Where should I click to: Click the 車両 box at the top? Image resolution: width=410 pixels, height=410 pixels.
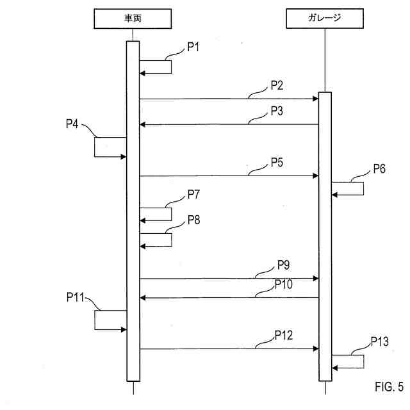click(x=133, y=19)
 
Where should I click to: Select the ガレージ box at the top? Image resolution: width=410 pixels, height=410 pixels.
click(x=325, y=19)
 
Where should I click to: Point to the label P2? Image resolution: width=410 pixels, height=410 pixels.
click(x=277, y=85)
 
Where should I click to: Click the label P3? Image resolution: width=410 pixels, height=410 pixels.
click(x=277, y=110)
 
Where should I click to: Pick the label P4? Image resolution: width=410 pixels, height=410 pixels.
click(x=72, y=124)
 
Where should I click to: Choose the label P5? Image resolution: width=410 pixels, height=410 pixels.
click(x=277, y=161)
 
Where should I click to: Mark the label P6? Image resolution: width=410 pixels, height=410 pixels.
click(x=380, y=169)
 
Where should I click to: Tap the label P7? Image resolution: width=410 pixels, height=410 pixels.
click(x=194, y=193)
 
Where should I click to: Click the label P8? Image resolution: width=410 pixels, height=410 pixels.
click(x=194, y=220)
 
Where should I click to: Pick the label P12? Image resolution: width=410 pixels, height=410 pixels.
click(x=284, y=334)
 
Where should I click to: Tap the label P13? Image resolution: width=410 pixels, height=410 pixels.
click(x=380, y=342)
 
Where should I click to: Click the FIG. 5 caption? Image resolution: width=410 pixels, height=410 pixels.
click(x=389, y=388)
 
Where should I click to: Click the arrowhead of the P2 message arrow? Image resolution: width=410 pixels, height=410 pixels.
click(x=316, y=99)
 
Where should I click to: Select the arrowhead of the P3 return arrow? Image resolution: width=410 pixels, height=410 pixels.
click(x=143, y=124)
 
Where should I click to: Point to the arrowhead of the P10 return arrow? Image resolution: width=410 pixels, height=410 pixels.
click(x=143, y=297)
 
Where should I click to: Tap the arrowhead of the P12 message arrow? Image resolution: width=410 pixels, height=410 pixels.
click(x=316, y=348)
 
